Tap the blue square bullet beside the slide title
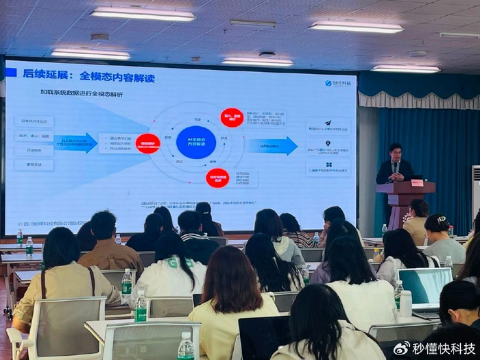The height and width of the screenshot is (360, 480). [x=11, y=72]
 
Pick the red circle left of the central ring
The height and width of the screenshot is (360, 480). [x=148, y=143]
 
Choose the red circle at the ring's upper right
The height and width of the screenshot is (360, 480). [x=232, y=117]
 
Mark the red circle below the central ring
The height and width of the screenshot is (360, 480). [x=218, y=178]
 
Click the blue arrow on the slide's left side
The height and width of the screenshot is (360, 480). [x=75, y=143]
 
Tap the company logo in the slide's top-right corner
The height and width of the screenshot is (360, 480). [x=338, y=83]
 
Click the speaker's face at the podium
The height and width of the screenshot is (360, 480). [x=394, y=152]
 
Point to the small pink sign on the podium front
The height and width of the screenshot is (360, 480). [x=416, y=183]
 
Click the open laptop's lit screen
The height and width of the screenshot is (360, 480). [x=424, y=285]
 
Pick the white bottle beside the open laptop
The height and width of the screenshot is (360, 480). [x=405, y=302]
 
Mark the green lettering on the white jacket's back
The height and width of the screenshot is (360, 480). [x=167, y=262]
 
